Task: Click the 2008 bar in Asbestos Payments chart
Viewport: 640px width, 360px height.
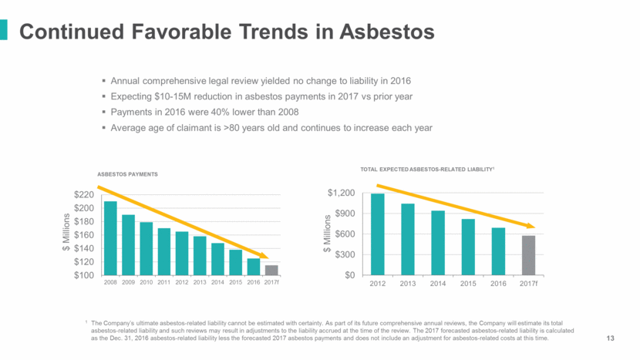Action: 110,238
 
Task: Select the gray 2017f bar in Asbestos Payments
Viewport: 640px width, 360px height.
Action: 271,270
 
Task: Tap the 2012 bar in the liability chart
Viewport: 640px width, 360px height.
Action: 377,234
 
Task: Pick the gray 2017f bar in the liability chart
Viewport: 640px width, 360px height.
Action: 528,255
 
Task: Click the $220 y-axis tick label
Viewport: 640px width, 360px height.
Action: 85,195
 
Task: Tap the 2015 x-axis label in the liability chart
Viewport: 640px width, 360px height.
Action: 468,284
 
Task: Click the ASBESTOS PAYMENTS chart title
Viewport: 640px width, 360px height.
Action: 127,174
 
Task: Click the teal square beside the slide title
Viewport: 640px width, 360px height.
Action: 5,30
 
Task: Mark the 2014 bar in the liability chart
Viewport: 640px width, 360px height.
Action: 438,243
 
